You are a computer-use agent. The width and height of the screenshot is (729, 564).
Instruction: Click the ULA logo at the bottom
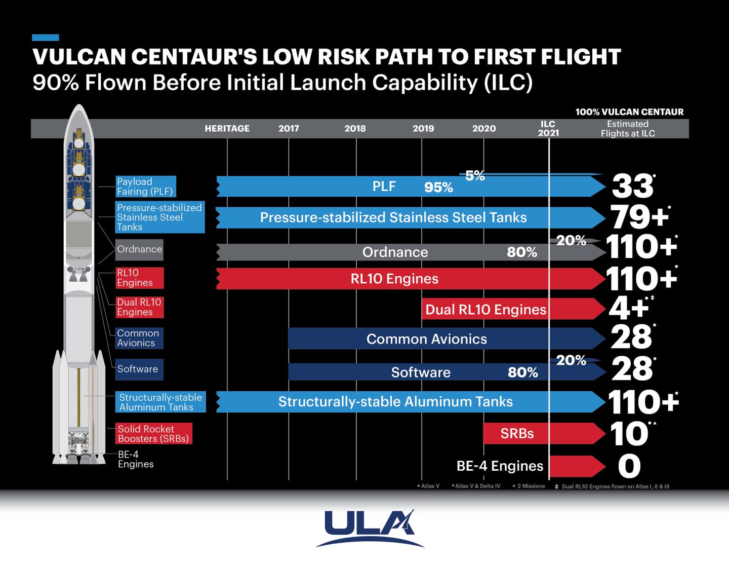369,528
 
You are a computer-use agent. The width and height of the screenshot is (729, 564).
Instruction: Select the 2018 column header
355,129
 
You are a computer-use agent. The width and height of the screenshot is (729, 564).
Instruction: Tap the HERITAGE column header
227,129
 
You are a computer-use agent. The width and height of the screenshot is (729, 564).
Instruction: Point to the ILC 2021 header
548,128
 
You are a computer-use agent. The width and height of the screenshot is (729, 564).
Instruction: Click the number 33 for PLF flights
632,186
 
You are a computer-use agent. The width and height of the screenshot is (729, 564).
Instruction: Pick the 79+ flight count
639,217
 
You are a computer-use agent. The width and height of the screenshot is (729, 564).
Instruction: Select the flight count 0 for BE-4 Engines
629,466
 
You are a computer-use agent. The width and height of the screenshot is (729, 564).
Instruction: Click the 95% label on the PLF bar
438,187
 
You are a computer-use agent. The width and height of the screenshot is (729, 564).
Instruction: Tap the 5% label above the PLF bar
475,176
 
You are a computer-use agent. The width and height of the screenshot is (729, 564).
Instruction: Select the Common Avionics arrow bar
427,339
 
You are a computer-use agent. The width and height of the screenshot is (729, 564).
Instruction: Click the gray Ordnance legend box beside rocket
139,249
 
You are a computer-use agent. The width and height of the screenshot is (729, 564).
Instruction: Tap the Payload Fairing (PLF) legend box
145,186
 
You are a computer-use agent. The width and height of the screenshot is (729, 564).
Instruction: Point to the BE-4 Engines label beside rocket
135,459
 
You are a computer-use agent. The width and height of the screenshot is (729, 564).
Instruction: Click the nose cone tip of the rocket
79,107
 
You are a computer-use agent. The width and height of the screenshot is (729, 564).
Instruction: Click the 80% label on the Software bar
522,372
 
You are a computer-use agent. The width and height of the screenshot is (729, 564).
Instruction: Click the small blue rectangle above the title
45,37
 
